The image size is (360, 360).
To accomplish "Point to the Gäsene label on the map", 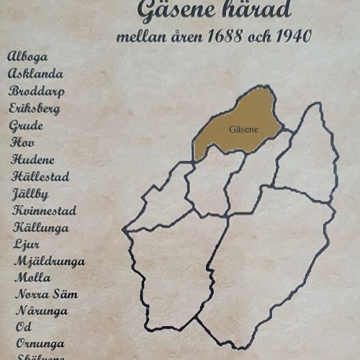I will (x=241, y=130).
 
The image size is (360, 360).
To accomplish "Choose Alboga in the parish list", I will (x=34, y=57).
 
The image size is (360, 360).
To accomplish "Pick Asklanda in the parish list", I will (x=36, y=73).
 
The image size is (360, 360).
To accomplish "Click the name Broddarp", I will (x=36, y=91).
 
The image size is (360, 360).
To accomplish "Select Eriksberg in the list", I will (x=35, y=109).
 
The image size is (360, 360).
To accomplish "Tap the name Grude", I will (x=26, y=126).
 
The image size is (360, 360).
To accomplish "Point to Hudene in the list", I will (x=32, y=160).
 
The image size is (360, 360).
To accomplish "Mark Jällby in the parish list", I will (x=30, y=194).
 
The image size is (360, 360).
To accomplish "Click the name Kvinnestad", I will (x=45, y=210).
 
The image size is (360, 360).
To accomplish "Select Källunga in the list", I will (x=40, y=228).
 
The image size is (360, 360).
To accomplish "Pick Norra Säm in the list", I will (x=46, y=294).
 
